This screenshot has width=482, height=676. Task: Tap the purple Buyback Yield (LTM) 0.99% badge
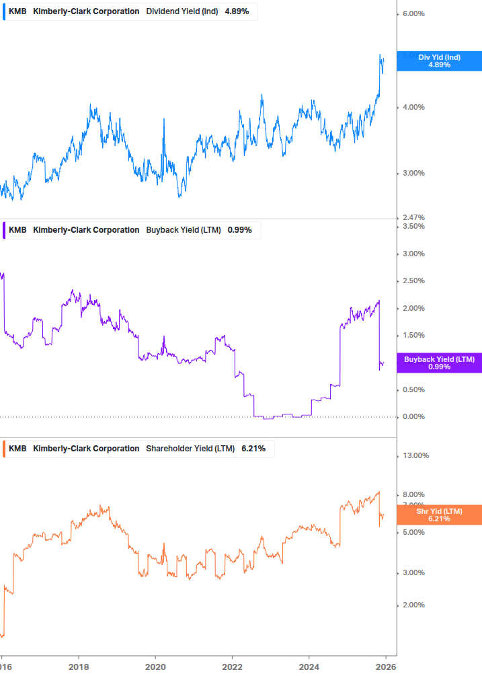click(439, 363)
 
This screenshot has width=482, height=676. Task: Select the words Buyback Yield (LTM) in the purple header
click(183, 230)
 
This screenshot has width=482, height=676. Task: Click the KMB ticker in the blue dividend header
click(17, 11)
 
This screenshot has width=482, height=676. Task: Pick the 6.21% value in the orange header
click(253, 449)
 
